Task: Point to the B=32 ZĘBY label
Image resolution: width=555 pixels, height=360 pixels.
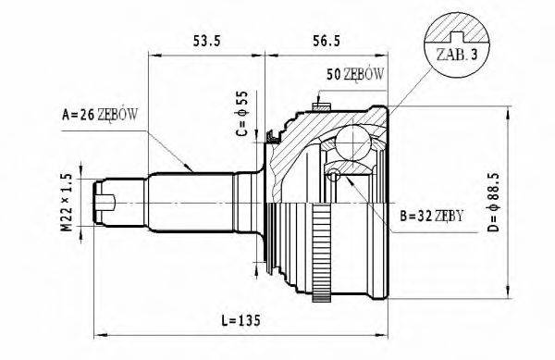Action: click(x=432, y=219)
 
